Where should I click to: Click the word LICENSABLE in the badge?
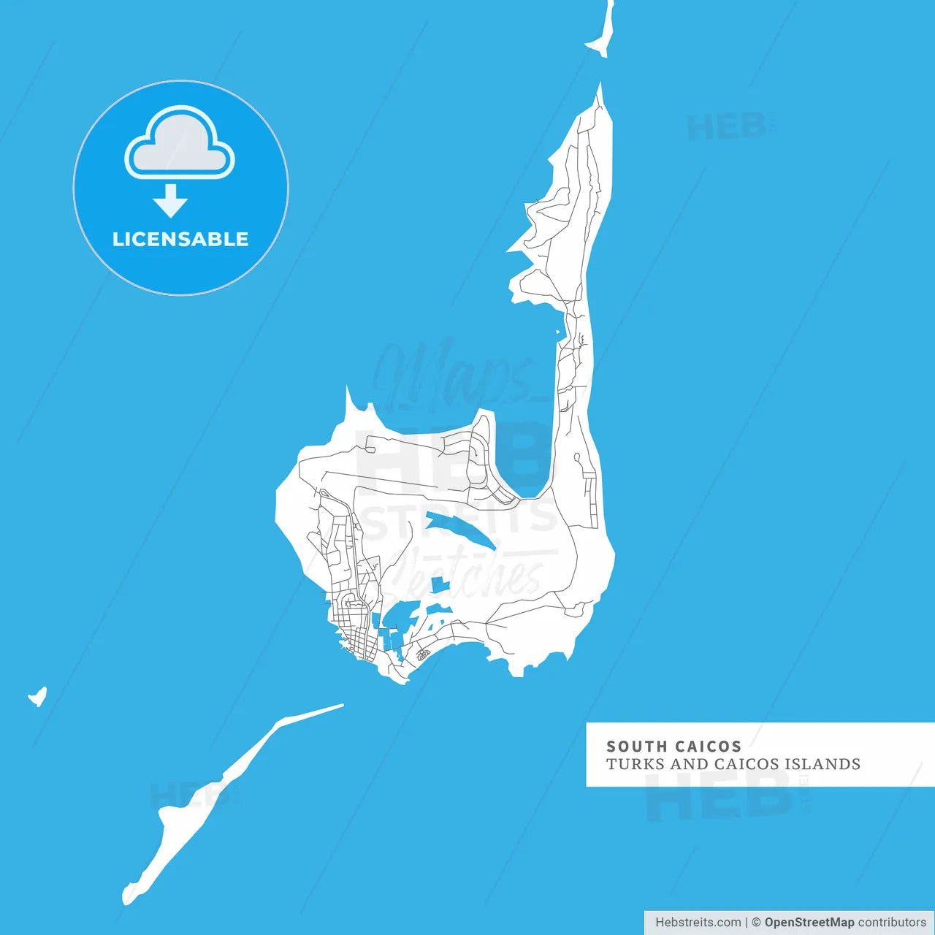point(180,240)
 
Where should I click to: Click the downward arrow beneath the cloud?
point(171,201)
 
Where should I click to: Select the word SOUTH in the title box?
point(636,747)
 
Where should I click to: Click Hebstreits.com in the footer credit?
point(698,923)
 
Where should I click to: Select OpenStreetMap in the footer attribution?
point(809,923)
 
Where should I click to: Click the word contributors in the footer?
point(892,923)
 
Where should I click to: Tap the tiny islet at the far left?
point(38,697)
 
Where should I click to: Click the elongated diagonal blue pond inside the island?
point(460,530)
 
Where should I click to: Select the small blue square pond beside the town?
point(438,585)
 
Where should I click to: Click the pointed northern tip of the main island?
point(600,91)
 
